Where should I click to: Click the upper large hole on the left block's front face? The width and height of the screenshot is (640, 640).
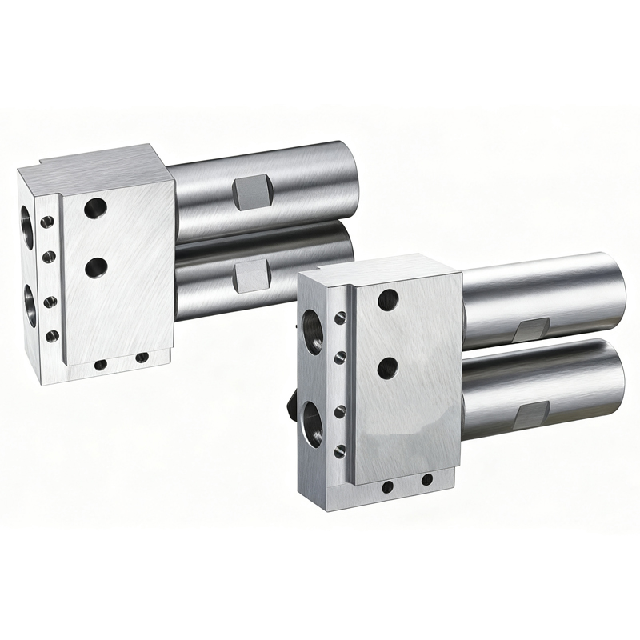95,208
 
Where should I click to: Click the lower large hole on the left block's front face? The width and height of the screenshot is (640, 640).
96,266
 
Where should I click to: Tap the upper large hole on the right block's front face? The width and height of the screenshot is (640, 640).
388,300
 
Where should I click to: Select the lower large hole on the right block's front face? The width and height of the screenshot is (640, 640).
388,368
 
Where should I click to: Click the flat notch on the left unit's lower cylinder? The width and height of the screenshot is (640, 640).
251,277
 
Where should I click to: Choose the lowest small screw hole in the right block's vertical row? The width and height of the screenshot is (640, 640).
340,452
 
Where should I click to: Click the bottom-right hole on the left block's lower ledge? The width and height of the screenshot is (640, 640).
142,358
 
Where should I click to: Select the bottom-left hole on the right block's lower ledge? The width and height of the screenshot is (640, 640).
387,486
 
